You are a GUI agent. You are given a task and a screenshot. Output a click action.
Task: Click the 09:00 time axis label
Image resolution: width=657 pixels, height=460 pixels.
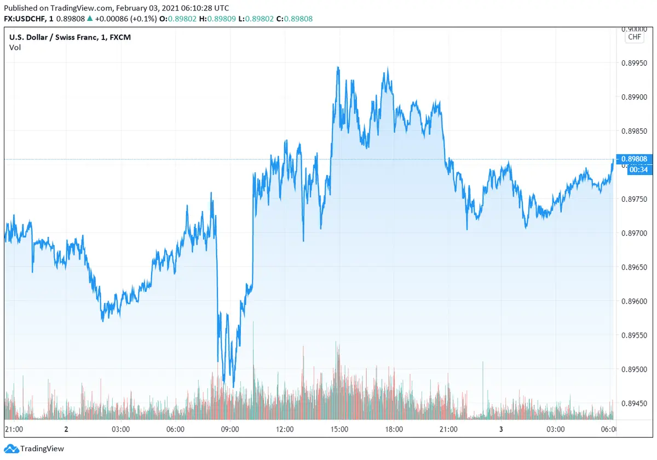[x=229, y=429]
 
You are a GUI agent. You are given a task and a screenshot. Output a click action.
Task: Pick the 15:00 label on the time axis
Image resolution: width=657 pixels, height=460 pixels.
[x=339, y=429]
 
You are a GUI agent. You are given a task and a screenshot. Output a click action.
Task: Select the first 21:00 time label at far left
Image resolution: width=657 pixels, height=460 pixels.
[x=13, y=429]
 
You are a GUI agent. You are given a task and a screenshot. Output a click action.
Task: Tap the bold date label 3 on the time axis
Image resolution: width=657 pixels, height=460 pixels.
[x=501, y=429]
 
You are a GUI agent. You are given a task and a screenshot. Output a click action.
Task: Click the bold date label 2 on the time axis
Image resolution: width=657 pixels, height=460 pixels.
[x=66, y=429]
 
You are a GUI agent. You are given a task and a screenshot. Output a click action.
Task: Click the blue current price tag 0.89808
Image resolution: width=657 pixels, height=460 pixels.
[x=634, y=159]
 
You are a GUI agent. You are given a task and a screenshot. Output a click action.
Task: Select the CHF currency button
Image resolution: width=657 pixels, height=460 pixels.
[x=634, y=37]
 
